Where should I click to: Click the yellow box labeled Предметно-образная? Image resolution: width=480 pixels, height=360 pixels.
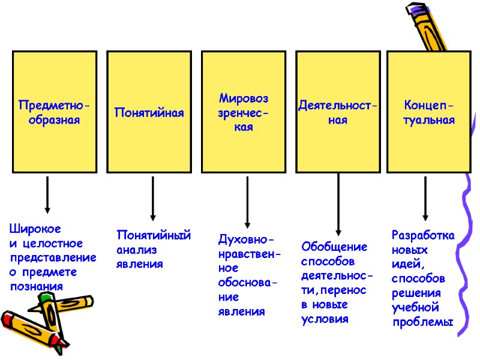[54, 112]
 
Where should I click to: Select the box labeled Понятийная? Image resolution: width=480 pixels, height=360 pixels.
[149, 112]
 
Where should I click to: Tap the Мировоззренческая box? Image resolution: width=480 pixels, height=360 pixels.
[244, 112]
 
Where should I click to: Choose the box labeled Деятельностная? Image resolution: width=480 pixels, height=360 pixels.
[338, 112]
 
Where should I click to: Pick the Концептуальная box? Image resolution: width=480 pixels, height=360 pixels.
[429, 112]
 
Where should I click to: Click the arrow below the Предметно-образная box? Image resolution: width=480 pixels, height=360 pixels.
[47, 195]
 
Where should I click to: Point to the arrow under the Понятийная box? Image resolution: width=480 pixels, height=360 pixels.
[153, 198]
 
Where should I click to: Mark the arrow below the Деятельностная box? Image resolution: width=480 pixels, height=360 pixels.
[339, 204]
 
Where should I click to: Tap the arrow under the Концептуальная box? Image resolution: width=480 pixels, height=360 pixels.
[425, 198]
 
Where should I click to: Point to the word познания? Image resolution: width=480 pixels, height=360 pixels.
[36, 287]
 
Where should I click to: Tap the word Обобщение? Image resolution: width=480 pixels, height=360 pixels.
[334, 247]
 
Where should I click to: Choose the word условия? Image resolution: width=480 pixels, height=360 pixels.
[325, 319]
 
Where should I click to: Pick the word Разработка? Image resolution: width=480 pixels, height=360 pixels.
[423, 235]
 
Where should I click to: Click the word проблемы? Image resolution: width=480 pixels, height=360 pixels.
[423, 323]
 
